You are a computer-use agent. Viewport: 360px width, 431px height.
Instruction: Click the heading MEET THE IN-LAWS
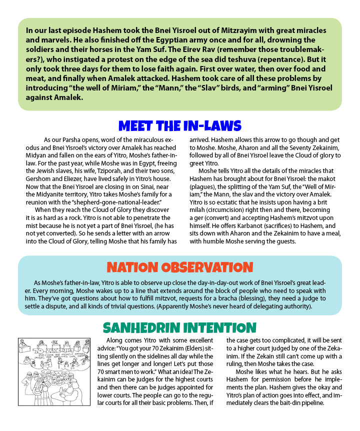pyautogui.click(x=179, y=125)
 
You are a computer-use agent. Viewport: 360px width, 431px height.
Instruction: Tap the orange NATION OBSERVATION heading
pyautogui.click(x=179, y=266)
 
